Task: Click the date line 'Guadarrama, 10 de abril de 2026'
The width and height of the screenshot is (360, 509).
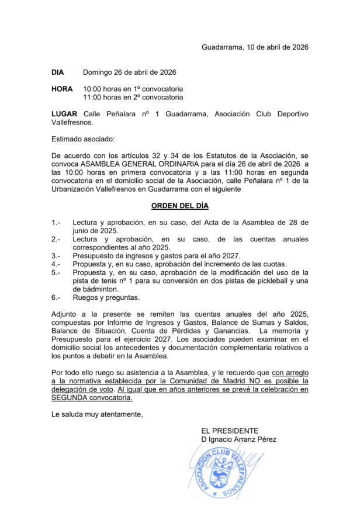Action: (x=255, y=47)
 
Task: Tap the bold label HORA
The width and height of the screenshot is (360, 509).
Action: (x=62, y=89)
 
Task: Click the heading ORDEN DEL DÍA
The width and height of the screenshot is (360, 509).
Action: (x=179, y=206)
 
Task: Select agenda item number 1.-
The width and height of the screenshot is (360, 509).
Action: (x=56, y=223)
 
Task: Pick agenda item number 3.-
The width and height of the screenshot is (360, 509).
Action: (x=56, y=256)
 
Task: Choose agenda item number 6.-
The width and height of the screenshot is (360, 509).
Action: (x=56, y=297)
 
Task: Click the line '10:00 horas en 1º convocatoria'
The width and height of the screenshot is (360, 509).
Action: (x=133, y=89)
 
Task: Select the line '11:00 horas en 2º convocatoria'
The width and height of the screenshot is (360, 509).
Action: (x=133, y=97)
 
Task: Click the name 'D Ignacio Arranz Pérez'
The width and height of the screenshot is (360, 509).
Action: (x=238, y=439)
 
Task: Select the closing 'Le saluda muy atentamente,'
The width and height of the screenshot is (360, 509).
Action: (x=97, y=415)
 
